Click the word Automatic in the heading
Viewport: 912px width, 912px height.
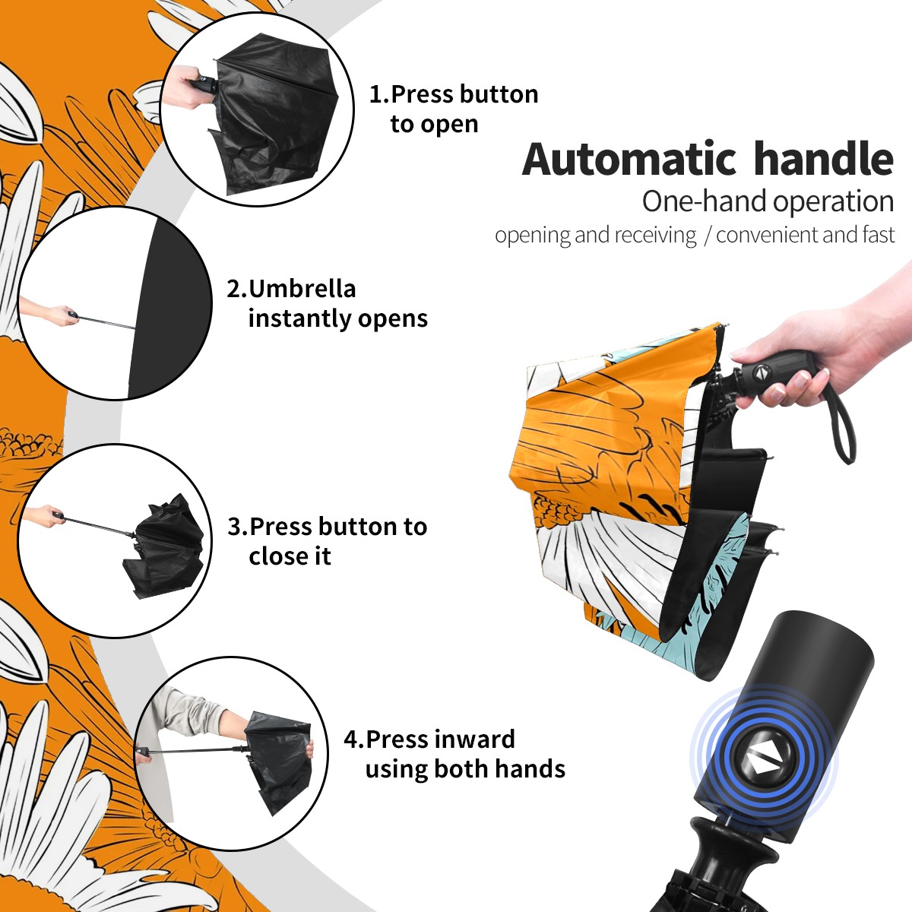tap(629, 160)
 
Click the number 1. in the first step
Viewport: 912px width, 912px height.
tap(379, 94)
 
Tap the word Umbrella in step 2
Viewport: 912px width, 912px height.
tap(302, 289)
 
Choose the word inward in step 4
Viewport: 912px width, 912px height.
tap(475, 739)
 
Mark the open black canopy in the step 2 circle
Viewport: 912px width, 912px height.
tap(170, 307)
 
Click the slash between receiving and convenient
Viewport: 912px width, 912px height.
tap(707, 236)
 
